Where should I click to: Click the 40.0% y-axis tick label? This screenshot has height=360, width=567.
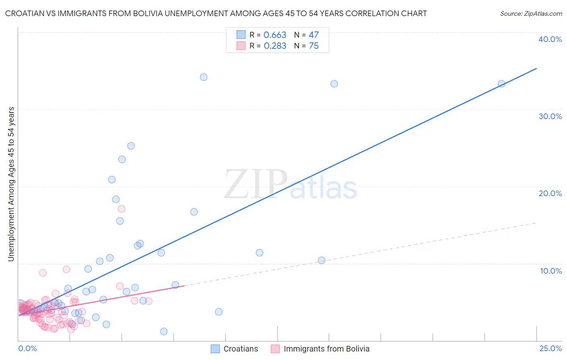point(550,39)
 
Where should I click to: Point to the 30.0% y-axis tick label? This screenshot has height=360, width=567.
point(550,116)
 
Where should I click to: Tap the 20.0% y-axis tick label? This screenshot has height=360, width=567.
point(550,193)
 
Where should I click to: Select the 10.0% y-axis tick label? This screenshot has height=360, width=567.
point(551,271)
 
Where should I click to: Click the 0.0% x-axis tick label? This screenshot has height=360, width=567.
point(27,348)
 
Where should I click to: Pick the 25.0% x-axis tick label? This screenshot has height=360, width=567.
point(550,348)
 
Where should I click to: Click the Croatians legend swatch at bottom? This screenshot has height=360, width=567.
point(215,349)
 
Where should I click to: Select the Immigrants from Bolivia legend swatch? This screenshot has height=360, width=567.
point(275,349)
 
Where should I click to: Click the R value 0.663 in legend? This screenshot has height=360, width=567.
point(275,35)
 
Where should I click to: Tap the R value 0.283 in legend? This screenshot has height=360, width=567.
point(275,46)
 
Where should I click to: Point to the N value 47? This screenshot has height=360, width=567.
point(313,35)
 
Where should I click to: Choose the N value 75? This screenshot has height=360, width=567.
point(313,46)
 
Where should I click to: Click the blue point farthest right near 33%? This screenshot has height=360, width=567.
point(501,84)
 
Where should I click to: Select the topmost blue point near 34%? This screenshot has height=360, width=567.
point(204,77)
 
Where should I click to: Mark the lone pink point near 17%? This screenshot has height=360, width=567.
point(121,209)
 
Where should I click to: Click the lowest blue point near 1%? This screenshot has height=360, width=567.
point(164,331)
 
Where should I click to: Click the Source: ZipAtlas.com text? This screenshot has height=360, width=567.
point(531,14)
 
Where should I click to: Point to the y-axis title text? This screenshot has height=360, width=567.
point(11,184)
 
